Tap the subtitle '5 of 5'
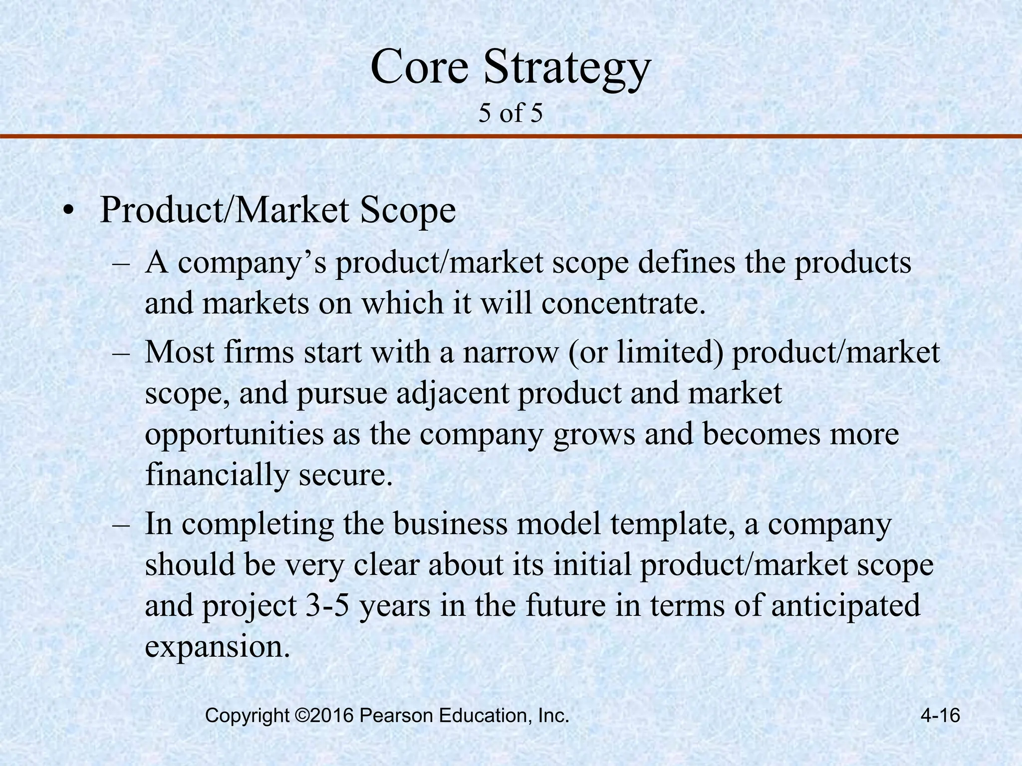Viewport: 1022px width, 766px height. (x=510, y=113)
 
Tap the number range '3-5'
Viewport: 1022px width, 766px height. (x=327, y=605)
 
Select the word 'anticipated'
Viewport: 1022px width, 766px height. (x=845, y=605)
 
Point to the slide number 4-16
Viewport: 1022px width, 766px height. (x=940, y=716)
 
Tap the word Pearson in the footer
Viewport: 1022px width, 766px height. (x=396, y=716)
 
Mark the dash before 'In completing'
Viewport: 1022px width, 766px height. (x=121, y=525)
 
